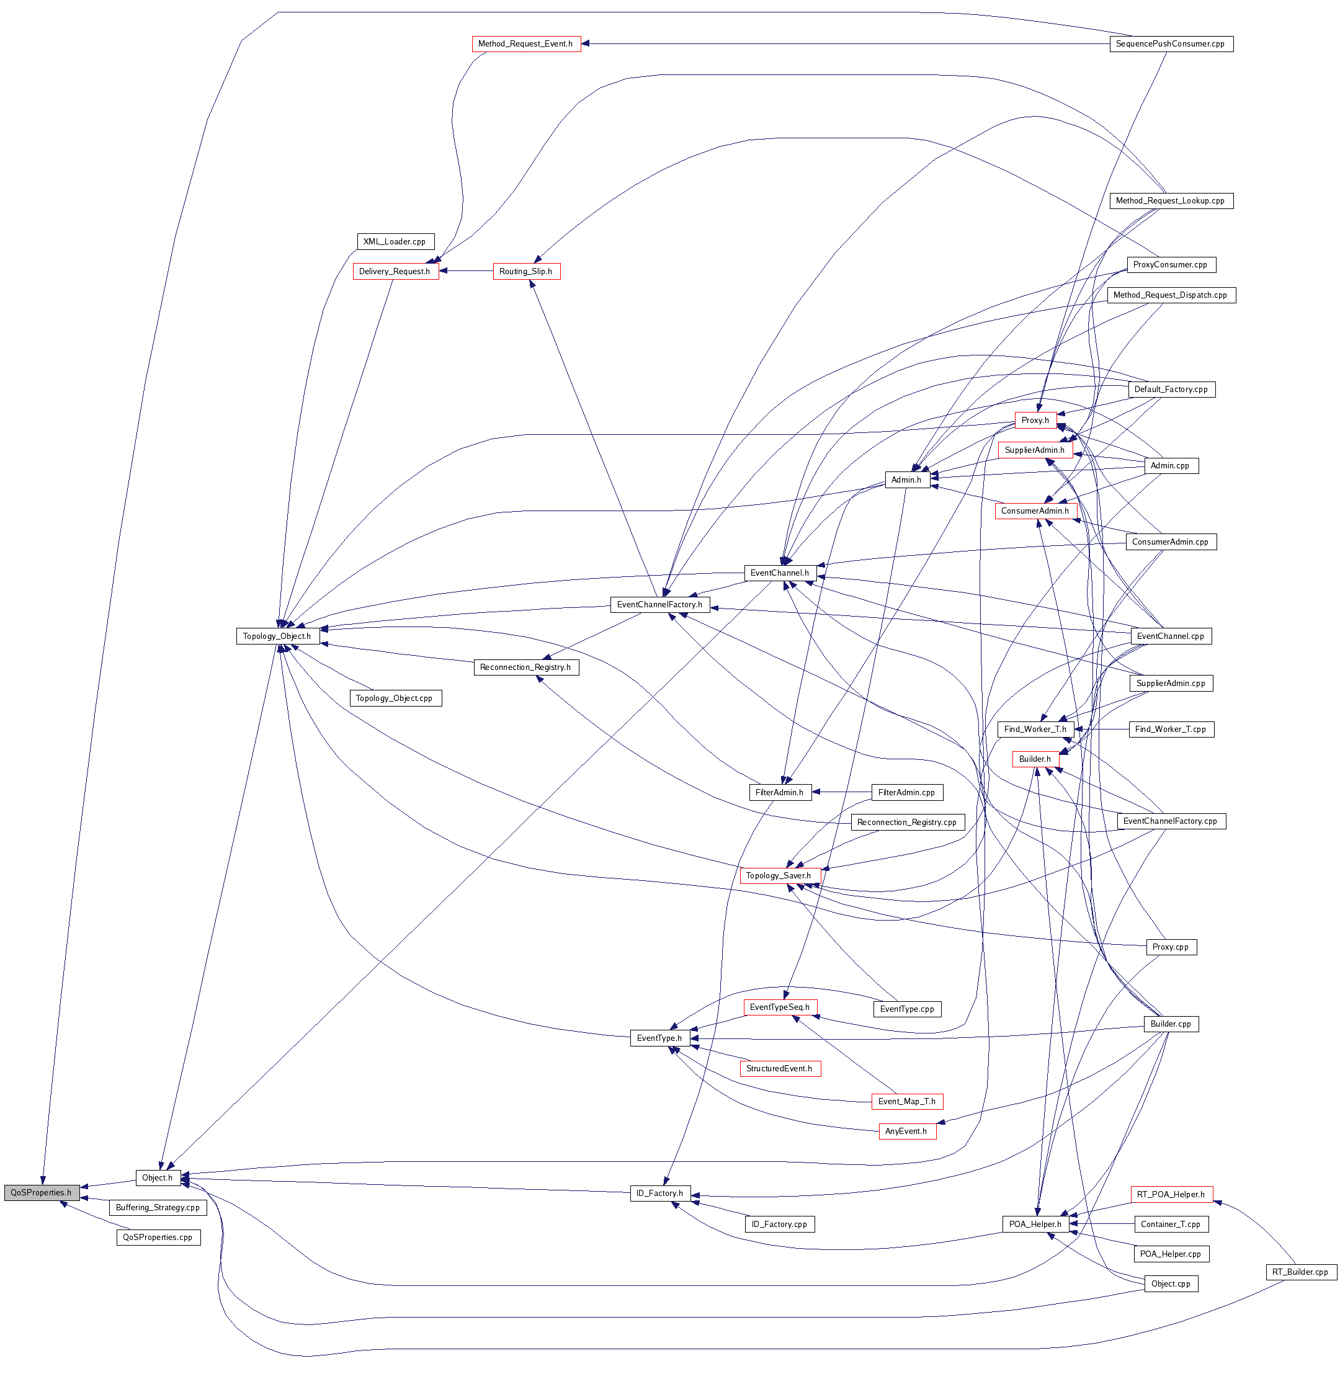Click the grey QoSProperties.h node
(41, 1192)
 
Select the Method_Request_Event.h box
(525, 43)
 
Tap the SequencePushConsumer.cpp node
(1171, 43)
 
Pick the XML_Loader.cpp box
(395, 241)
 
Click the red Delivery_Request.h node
(395, 272)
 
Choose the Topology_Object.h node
(277, 636)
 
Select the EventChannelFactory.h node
(659, 604)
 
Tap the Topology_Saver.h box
(779, 875)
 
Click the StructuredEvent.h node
(779, 1068)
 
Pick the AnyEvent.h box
(906, 1131)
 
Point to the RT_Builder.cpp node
(1300, 1272)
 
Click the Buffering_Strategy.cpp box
(158, 1207)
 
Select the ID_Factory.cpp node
(779, 1224)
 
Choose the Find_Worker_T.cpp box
(1171, 729)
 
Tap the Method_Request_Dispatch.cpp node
(1171, 295)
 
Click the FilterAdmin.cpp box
(906, 792)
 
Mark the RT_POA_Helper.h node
(1171, 1194)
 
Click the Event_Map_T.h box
(906, 1101)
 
